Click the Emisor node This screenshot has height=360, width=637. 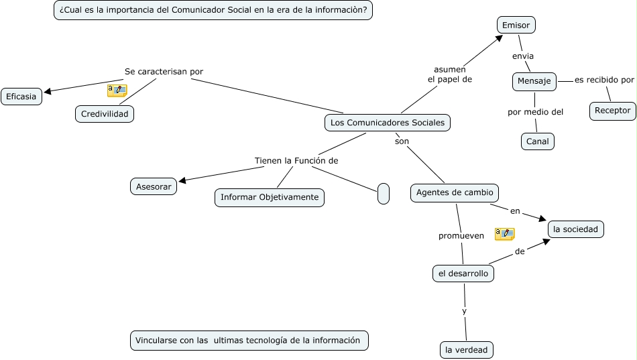click(516, 25)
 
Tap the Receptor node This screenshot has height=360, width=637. click(613, 111)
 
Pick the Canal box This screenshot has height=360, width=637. click(538, 141)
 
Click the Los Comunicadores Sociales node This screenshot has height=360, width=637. click(388, 123)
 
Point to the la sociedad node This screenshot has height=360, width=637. click(576, 229)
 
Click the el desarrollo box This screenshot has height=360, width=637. click(463, 274)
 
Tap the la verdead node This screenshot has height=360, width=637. click(467, 350)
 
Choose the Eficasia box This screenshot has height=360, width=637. click(21, 97)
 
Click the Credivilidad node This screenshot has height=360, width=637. click(105, 114)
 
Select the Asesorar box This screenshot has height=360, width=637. click(154, 186)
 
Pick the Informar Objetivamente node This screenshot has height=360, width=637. click(270, 197)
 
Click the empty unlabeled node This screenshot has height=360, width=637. click(384, 194)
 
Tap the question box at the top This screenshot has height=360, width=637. click(213, 10)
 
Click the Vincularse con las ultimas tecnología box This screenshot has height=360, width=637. click(249, 341)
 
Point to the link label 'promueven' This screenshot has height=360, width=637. click(461, 236)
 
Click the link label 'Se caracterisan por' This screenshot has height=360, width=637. click(164, 72)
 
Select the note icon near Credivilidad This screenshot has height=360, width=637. click(117, 90)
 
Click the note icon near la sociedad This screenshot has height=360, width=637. click(504, 234)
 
